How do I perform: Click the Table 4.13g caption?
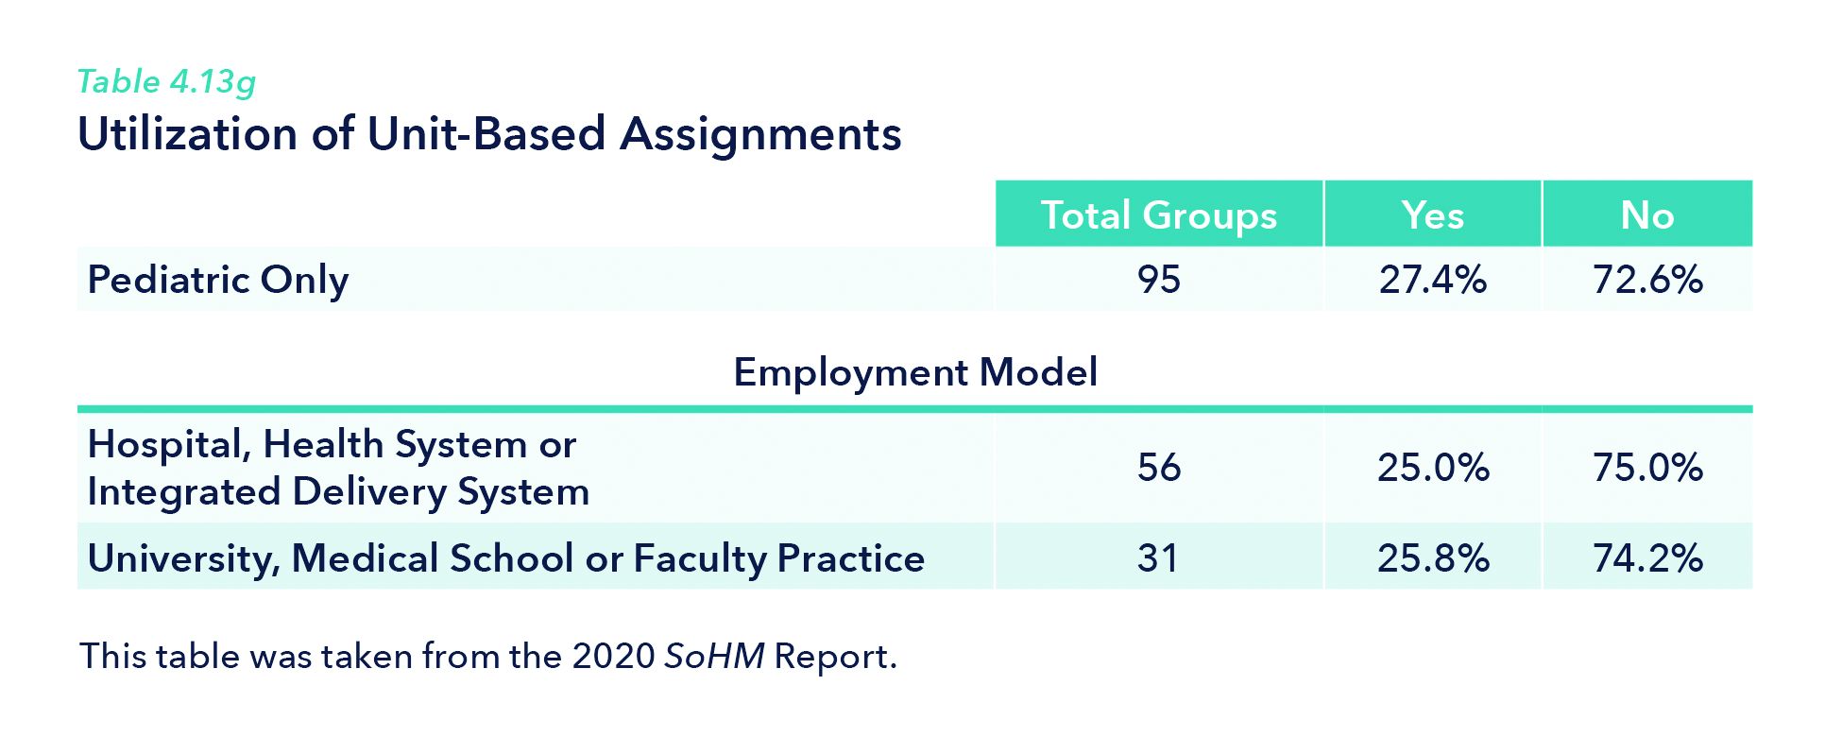166,82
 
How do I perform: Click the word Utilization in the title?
187,133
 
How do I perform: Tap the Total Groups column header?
1158,215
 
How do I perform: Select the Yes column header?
1432,215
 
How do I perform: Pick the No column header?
1646,215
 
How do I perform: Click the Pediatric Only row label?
218,280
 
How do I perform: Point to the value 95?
1158,280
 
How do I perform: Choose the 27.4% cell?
1432,280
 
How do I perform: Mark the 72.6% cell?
1647,280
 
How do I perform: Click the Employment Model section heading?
915,372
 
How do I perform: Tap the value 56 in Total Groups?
1158,468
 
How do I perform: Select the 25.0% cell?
1432,468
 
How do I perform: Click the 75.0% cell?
1647,468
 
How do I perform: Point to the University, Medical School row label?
505,558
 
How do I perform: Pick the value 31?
1158,558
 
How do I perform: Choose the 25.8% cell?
1432,558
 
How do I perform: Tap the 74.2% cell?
1647,558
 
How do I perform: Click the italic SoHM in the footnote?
714,657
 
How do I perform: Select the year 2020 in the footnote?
613,657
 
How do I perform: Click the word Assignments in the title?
760,133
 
